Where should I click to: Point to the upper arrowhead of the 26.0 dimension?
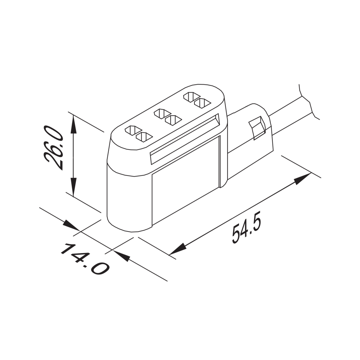[73, 125]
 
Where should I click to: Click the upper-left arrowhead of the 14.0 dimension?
[70, 225]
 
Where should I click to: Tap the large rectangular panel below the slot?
[186, 179]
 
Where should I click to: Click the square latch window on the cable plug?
[257, 127]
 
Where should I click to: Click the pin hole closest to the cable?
[202, 103]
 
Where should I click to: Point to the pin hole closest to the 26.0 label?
[131, 130]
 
